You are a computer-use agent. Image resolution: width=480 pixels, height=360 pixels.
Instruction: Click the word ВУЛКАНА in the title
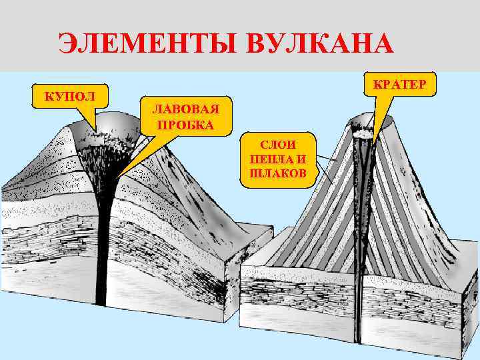(320, 45)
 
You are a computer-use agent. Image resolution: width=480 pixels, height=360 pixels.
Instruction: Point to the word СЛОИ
(277, 145)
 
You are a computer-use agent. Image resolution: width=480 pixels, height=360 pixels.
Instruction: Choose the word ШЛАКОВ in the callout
(277, 173)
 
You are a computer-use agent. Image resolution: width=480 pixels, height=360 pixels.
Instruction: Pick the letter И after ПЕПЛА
(301, 159)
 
